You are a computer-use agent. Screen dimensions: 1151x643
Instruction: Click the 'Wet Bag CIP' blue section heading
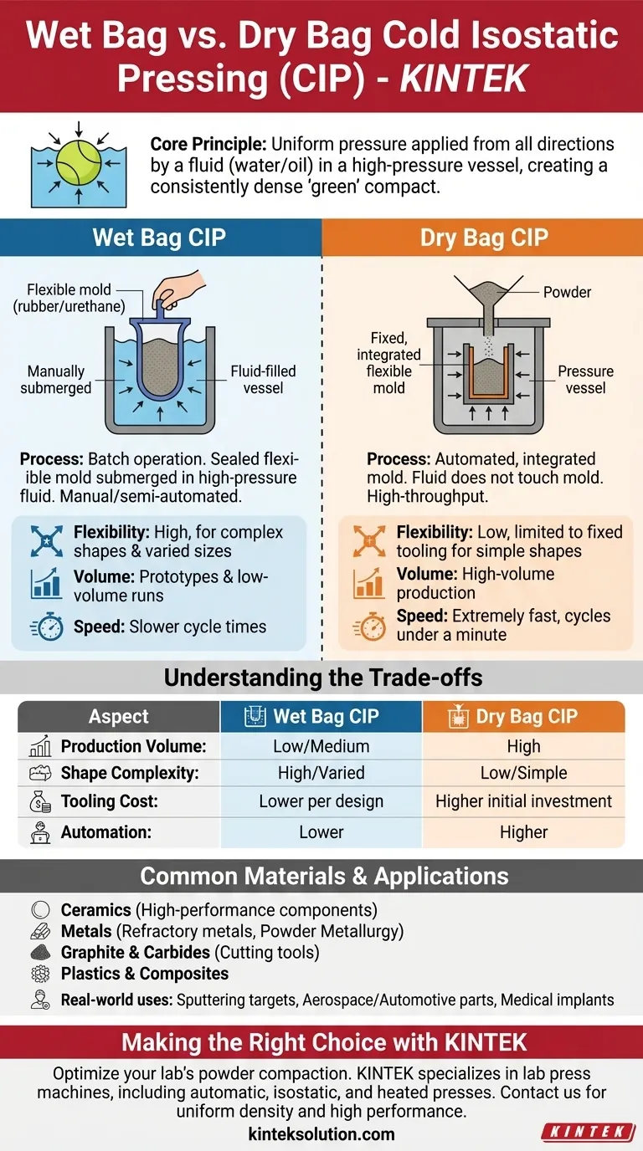tap(159, 238)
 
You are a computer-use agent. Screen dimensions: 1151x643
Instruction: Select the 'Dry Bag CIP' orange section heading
tap(483, 238)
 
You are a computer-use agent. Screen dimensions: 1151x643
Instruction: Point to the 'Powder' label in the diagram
tap(567, 292)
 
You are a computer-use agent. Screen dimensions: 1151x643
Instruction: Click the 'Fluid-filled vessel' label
tap(263, 380)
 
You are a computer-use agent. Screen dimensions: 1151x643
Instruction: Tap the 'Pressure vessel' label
tap(585, 380)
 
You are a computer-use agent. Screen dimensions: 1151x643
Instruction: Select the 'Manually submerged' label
tap(56, 380)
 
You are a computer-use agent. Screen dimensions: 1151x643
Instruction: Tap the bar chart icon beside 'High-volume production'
tap(368, 584)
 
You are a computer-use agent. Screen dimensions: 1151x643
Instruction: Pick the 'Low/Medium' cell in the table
tap(321, 746)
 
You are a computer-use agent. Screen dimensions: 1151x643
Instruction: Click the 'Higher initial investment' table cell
tap(523, 801)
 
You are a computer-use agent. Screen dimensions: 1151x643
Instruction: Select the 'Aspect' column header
tap(118, 717)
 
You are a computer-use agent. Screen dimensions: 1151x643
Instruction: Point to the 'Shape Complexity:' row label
tap(130, 774)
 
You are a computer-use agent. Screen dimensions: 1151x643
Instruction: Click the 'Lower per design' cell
tap(321, 801)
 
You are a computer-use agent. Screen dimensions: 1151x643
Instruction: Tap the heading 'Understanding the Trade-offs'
tap(322, 678)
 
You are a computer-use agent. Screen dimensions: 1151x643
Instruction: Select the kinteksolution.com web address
tap(321, 1134)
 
